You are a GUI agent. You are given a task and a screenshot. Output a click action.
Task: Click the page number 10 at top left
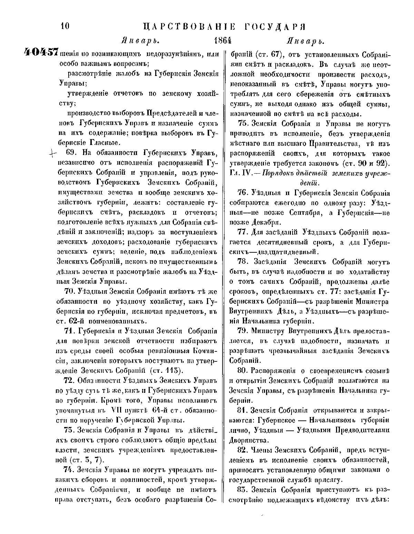click(65, 27)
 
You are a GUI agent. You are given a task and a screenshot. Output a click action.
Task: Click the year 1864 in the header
click(222, 41)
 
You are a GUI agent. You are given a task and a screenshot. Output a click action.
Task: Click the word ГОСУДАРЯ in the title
click(276, 27)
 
